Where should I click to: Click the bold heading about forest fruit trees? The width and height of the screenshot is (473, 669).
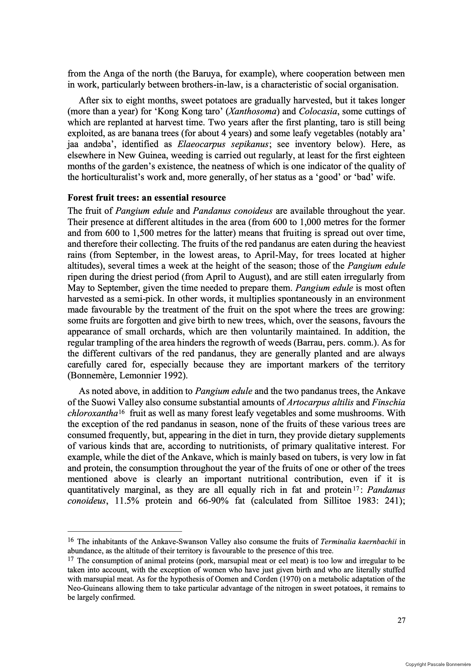pos(147,198)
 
